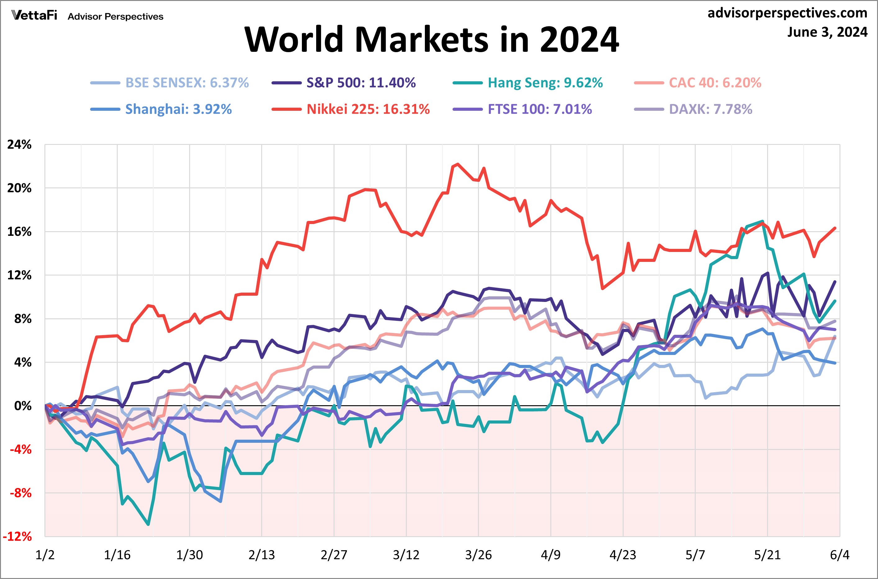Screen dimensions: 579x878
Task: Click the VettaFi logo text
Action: (34, 16)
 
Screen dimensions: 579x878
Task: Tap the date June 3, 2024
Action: (827, 32)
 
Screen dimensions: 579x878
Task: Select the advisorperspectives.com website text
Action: (787, 13)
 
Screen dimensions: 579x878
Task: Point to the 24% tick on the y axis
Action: (19, 145)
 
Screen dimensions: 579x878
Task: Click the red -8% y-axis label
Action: (20, 493)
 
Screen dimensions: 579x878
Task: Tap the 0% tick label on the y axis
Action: (23, 406)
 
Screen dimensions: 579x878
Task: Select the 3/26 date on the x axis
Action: (478, 554)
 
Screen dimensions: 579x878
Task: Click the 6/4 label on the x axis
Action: (839, 554)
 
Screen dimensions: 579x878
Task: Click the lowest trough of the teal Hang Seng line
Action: (148, 524)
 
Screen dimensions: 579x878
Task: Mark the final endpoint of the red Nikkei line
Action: (835, 228)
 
